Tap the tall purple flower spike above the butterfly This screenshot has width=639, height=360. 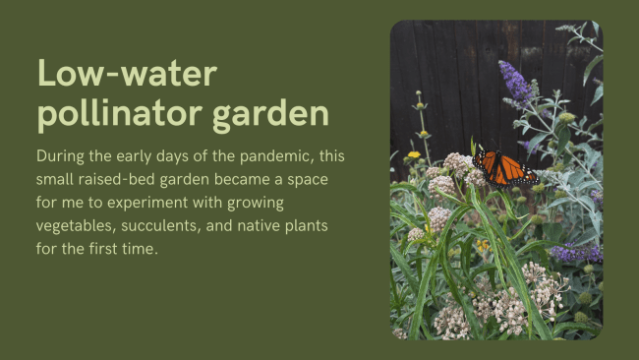(x=516, y=85)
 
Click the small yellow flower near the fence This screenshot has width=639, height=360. (x=414, y=154)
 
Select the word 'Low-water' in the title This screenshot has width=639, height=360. (x=126, y=74)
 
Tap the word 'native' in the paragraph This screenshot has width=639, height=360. (x=287, y=227)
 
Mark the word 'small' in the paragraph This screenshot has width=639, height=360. (x=57, y=180)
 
